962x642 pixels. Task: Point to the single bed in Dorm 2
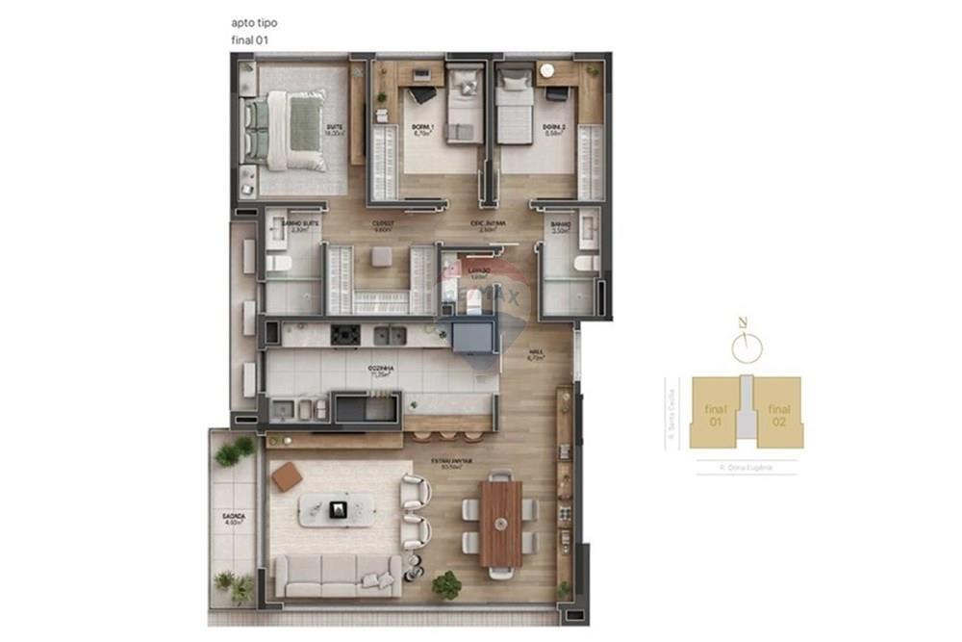(x=515, y=111)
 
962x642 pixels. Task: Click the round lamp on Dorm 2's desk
(x=547, y=70)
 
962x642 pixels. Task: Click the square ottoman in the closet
(x=381, y=256)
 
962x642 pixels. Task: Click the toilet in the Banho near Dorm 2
(x=584, y=262)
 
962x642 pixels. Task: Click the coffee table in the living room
(x=336, y=509)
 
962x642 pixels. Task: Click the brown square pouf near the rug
(x=287, y=476)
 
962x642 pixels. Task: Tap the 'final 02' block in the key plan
(x=778, y=415)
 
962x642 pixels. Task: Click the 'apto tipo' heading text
(x=249, y=21)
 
